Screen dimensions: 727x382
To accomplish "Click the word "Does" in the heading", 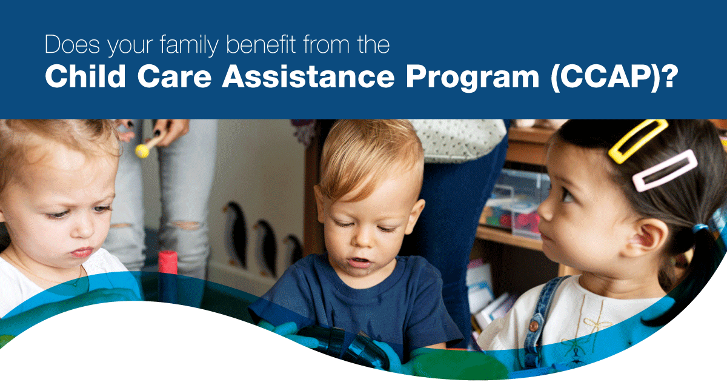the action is coord(72,44).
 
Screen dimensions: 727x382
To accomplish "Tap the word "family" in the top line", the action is coord(189,45).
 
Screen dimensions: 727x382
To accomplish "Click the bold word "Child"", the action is coord(85,76).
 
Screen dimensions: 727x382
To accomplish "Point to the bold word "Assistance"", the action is coord(308,76).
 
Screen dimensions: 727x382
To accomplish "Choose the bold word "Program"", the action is coord(473,79).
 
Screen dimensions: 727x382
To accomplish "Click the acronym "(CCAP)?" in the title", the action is coord(614,78).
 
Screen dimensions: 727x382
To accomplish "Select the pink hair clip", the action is coord(665,170).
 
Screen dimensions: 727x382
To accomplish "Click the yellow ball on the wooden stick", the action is coord(142,151).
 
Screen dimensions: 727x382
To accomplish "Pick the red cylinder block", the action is coord(168,263).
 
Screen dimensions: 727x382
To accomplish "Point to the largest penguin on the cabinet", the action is coord(236,234).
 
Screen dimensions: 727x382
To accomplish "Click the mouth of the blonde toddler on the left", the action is coord(82,252).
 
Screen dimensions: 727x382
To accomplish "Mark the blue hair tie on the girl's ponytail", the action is coord(700,228).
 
